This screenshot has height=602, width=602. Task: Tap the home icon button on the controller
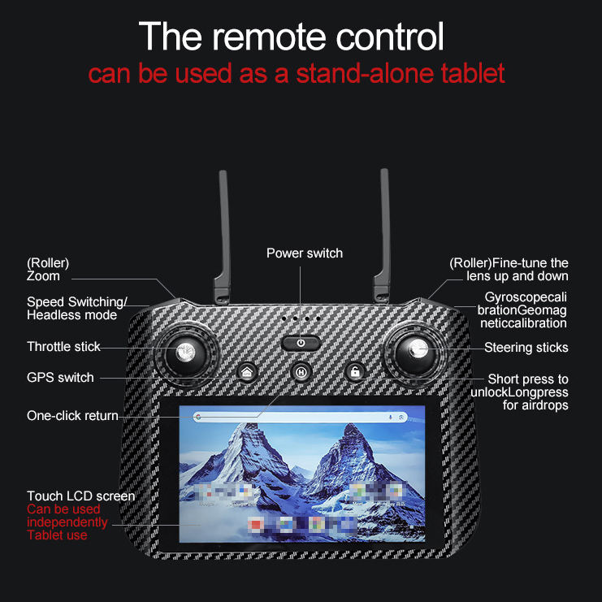(247, 372)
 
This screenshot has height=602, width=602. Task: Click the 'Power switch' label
(305, 253)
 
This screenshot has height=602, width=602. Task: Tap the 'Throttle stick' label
(63, 347)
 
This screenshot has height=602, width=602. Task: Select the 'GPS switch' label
(60, 377)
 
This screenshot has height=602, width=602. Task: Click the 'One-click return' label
(72, 416)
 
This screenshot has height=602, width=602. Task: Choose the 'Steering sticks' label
(526, 348)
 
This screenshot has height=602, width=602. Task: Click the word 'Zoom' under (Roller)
(43, 276)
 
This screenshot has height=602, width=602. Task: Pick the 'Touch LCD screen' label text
(80, 496)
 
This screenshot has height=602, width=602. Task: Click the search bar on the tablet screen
(292, 417)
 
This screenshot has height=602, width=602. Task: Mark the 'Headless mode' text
(71, 315)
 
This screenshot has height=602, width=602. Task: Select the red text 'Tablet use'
(57, 535)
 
